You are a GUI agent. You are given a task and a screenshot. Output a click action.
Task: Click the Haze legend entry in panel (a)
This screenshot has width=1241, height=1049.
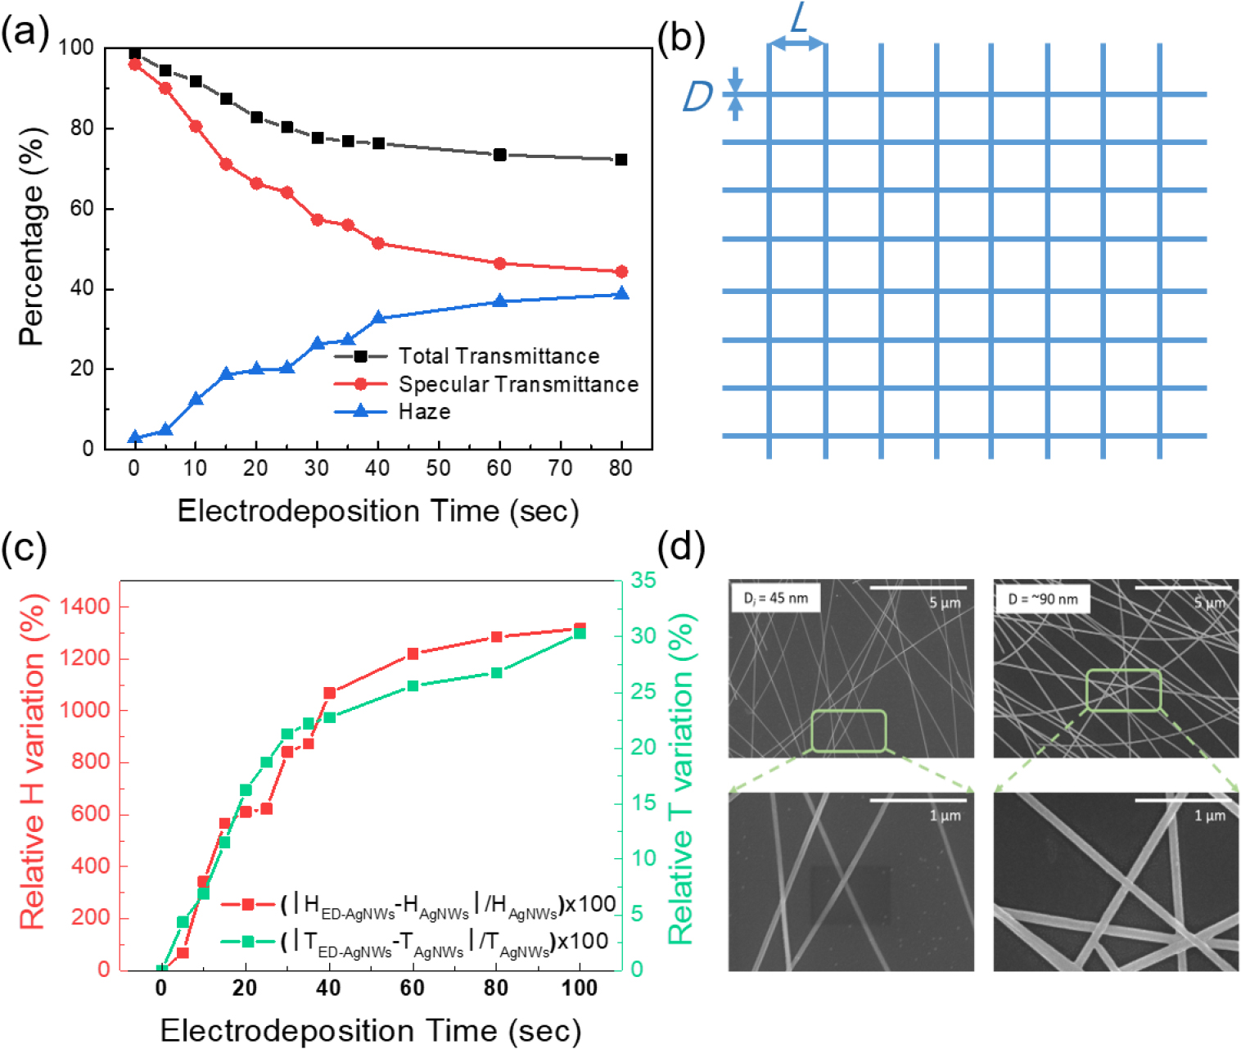click(424, 411)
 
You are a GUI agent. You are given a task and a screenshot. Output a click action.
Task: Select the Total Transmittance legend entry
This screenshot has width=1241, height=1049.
click(499, 356)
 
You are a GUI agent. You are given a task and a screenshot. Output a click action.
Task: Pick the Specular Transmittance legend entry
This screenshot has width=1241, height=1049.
click(517, 384)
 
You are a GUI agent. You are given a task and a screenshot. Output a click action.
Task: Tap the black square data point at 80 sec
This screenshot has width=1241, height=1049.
click(621, 160)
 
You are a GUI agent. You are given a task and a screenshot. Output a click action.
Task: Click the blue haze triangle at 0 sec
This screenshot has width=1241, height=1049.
click(135, 437)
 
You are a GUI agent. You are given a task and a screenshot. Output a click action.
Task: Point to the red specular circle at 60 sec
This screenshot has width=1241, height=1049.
click(499, 264)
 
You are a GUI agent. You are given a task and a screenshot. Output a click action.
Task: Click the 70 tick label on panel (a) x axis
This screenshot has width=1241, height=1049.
click(560, 468)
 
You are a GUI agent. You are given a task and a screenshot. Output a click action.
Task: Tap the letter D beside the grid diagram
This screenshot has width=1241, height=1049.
click(697, 97)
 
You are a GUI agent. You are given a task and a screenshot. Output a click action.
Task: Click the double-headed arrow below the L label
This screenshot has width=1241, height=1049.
click(797, 44)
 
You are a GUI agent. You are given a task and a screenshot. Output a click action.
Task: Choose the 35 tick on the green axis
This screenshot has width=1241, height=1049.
click(643, 581)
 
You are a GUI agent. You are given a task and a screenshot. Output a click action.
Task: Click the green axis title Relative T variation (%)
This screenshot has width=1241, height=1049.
click(681, 778)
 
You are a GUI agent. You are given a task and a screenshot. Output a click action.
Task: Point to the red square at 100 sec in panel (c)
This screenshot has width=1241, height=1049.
click(580, 629)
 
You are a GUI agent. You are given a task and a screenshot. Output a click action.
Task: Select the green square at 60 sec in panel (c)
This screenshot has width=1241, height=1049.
click(413, 685)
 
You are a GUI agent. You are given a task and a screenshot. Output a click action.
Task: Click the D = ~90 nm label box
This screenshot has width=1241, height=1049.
click(1042, 599)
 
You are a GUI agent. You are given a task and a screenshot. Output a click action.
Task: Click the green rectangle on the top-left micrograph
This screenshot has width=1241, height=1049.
click(849, 730)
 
